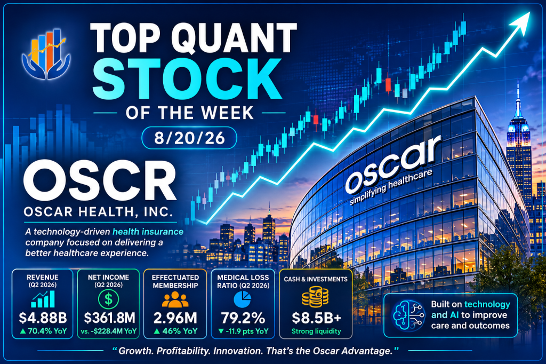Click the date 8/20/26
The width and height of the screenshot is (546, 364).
(189, 138)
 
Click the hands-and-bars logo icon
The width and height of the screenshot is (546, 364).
(46, 53)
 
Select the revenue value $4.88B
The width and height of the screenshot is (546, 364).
(43, 318)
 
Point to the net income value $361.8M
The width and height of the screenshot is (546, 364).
(109, 318)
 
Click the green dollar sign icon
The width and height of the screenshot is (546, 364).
(108, 299)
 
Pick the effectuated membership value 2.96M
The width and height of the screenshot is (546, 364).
(175, 318)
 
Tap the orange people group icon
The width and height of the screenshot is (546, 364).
(175, 299)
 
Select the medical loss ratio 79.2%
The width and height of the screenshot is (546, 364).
(243, 318)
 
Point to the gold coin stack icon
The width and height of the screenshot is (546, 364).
(315, 297)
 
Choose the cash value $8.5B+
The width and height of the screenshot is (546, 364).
(316, 318)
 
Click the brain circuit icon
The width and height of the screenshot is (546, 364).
(408, 315)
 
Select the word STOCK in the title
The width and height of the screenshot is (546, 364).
(187, 80)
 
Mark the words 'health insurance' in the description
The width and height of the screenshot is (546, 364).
(148, 232)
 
